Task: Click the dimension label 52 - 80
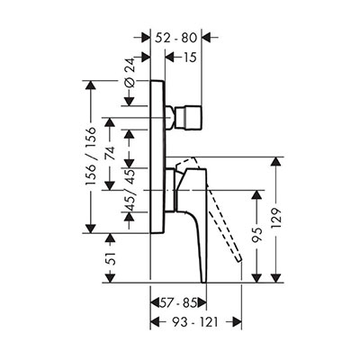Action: coord(176,38)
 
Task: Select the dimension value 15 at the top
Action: coord(189,57)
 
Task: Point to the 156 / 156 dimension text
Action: coord(91,156)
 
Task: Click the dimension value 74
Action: coord(110,154)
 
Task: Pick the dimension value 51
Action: coord(111,258)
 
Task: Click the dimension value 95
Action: coord(256,234)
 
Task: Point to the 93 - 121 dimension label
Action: coord(195,322)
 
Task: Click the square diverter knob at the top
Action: coord(189,118)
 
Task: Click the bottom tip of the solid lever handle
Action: coord(204,282)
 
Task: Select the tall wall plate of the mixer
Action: coord(157,157)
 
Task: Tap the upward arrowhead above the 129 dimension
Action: coord(276,162)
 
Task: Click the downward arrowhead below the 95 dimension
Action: coord(256,278)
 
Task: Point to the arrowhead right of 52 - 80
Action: coord(207,38)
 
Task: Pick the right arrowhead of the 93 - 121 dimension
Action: coord(237,322)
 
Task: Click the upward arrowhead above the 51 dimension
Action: coord(111,238)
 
